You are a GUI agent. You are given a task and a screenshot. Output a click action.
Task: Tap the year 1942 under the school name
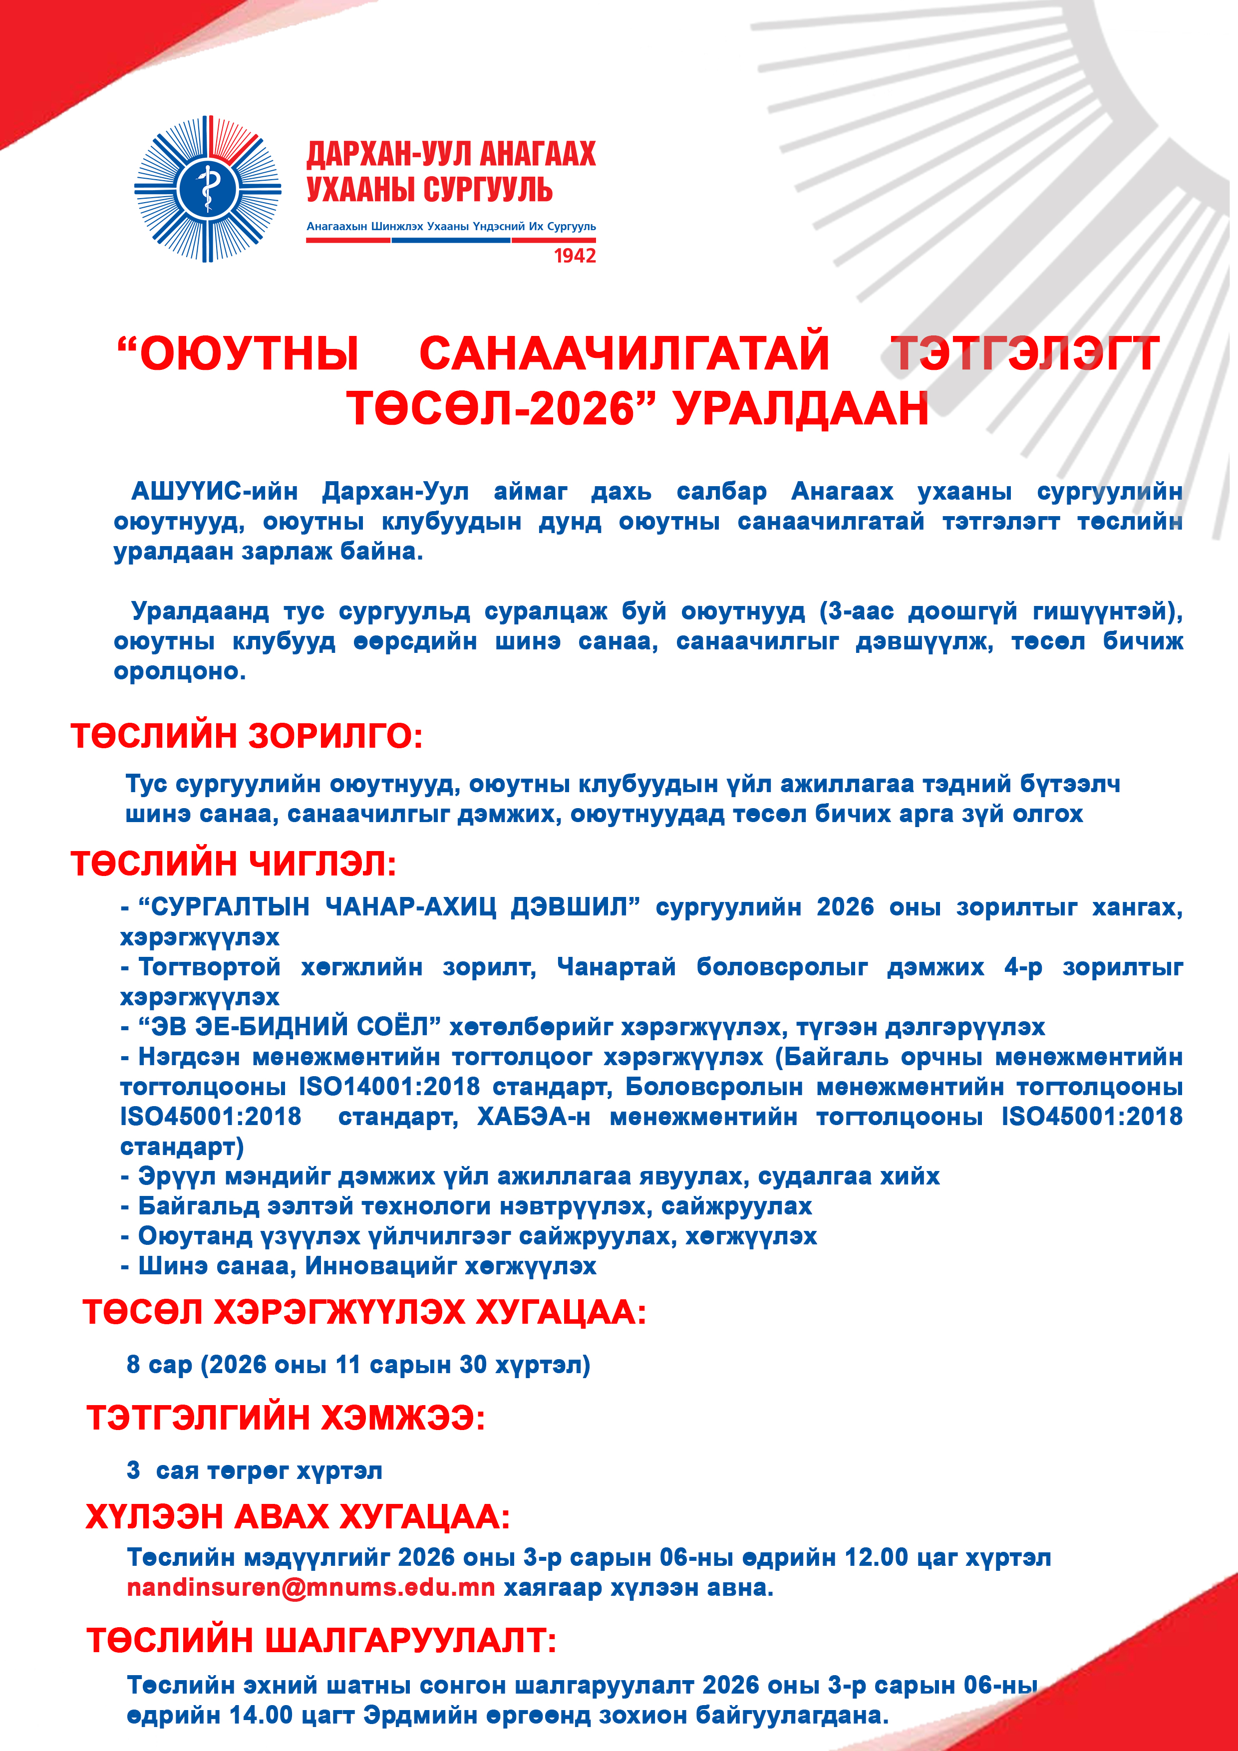pos(575,256)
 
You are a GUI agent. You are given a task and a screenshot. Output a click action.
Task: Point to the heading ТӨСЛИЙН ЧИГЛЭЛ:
pos(234,864)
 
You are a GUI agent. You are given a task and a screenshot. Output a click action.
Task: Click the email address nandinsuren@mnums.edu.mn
pos(310,1588)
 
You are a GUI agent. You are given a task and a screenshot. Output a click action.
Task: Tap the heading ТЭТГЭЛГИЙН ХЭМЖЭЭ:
pos(286,1418)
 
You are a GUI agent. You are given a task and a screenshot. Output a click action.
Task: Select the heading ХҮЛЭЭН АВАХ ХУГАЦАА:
pos(298,1517)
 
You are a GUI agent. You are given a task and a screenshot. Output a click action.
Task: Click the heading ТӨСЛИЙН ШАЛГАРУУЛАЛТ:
pos(321,1640)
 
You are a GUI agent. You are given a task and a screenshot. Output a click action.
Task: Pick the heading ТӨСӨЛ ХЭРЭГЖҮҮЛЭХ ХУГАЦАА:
pos(364,1312)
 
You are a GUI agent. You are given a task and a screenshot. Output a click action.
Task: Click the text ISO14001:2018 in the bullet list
pos(389,1086)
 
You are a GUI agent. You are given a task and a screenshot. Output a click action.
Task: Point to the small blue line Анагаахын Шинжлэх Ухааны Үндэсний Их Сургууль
pos(451,227)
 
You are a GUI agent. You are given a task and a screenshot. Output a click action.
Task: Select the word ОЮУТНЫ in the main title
pos(239,354)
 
